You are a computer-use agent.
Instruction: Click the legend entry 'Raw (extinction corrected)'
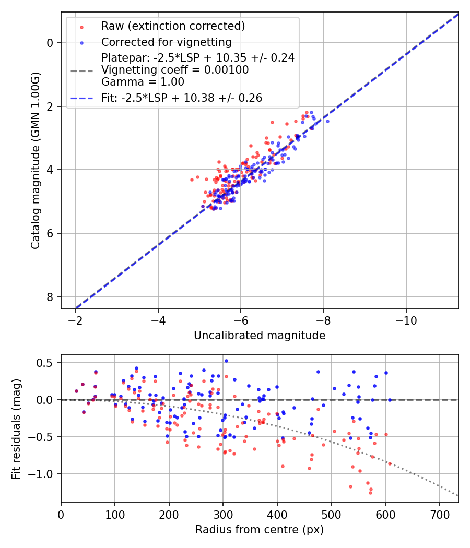[173, 26]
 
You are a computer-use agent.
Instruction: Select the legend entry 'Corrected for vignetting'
[166, 42]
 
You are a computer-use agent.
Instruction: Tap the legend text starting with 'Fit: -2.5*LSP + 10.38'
[182, 98]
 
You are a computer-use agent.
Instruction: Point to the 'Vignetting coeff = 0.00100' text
[175, 70]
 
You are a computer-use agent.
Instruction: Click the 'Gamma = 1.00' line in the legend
[143, 81]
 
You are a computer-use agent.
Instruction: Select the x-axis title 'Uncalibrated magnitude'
[260, 336]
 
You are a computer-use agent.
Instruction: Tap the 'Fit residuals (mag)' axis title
[16, 429]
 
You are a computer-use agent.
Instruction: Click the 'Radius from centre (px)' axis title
[260, 530]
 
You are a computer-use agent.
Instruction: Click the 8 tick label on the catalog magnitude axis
[50, 297]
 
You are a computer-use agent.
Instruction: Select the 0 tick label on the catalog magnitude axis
[50, 43]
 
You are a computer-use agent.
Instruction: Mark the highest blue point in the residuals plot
[226, 361]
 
